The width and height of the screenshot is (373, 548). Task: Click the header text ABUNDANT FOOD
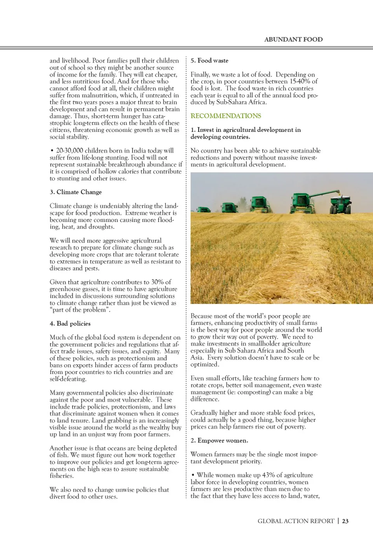point(293,39)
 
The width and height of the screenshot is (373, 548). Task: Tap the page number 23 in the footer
point(345,521)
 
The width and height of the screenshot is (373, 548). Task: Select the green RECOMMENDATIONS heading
point(226,116)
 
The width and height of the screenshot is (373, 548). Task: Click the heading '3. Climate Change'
point(76,192)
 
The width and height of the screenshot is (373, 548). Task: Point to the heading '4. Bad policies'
point(70,323)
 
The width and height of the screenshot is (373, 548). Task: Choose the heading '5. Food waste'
point(209,60)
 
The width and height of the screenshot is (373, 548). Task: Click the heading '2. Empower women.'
point(219,440)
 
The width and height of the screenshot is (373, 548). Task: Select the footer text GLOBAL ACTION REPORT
point(296,521)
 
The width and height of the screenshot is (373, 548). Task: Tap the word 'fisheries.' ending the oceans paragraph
point(62,476)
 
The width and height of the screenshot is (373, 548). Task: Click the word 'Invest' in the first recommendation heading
point(206,130)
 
